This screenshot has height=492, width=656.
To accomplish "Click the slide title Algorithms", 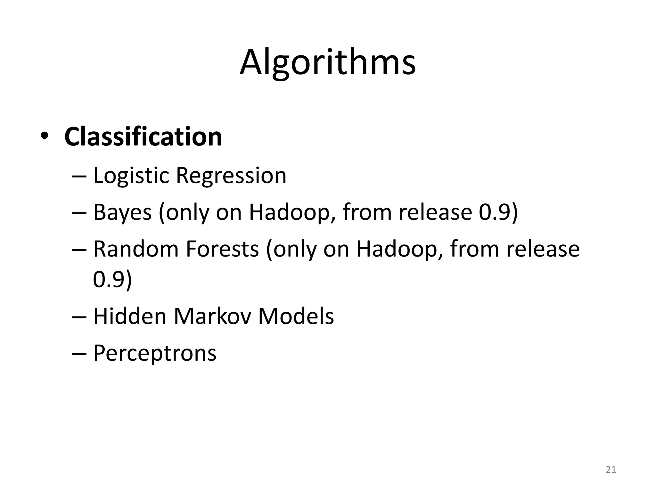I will pyautogui.click(x=328, y=62).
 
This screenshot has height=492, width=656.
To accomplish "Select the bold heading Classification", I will pyautogui.click(x=143, y=137).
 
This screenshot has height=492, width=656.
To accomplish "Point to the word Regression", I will pyautogui.click(x=231, y=176).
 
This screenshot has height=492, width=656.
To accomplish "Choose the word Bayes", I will pyautogui.click(x=122, y=213).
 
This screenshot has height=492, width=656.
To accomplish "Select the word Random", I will pyautogui.click(x=135, y=249).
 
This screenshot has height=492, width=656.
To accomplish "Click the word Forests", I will pyautogui.click(x=222, y=249).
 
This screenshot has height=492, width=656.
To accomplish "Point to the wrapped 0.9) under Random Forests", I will pyautogui.click(x=112, y=279).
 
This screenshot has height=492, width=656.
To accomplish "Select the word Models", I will pyautogui.click(x=296, y=316).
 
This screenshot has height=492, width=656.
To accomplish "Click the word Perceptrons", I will pyautogui.click(x=154, y=353).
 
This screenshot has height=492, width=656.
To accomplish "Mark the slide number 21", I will pyautogui.click(x=611, y=470).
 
